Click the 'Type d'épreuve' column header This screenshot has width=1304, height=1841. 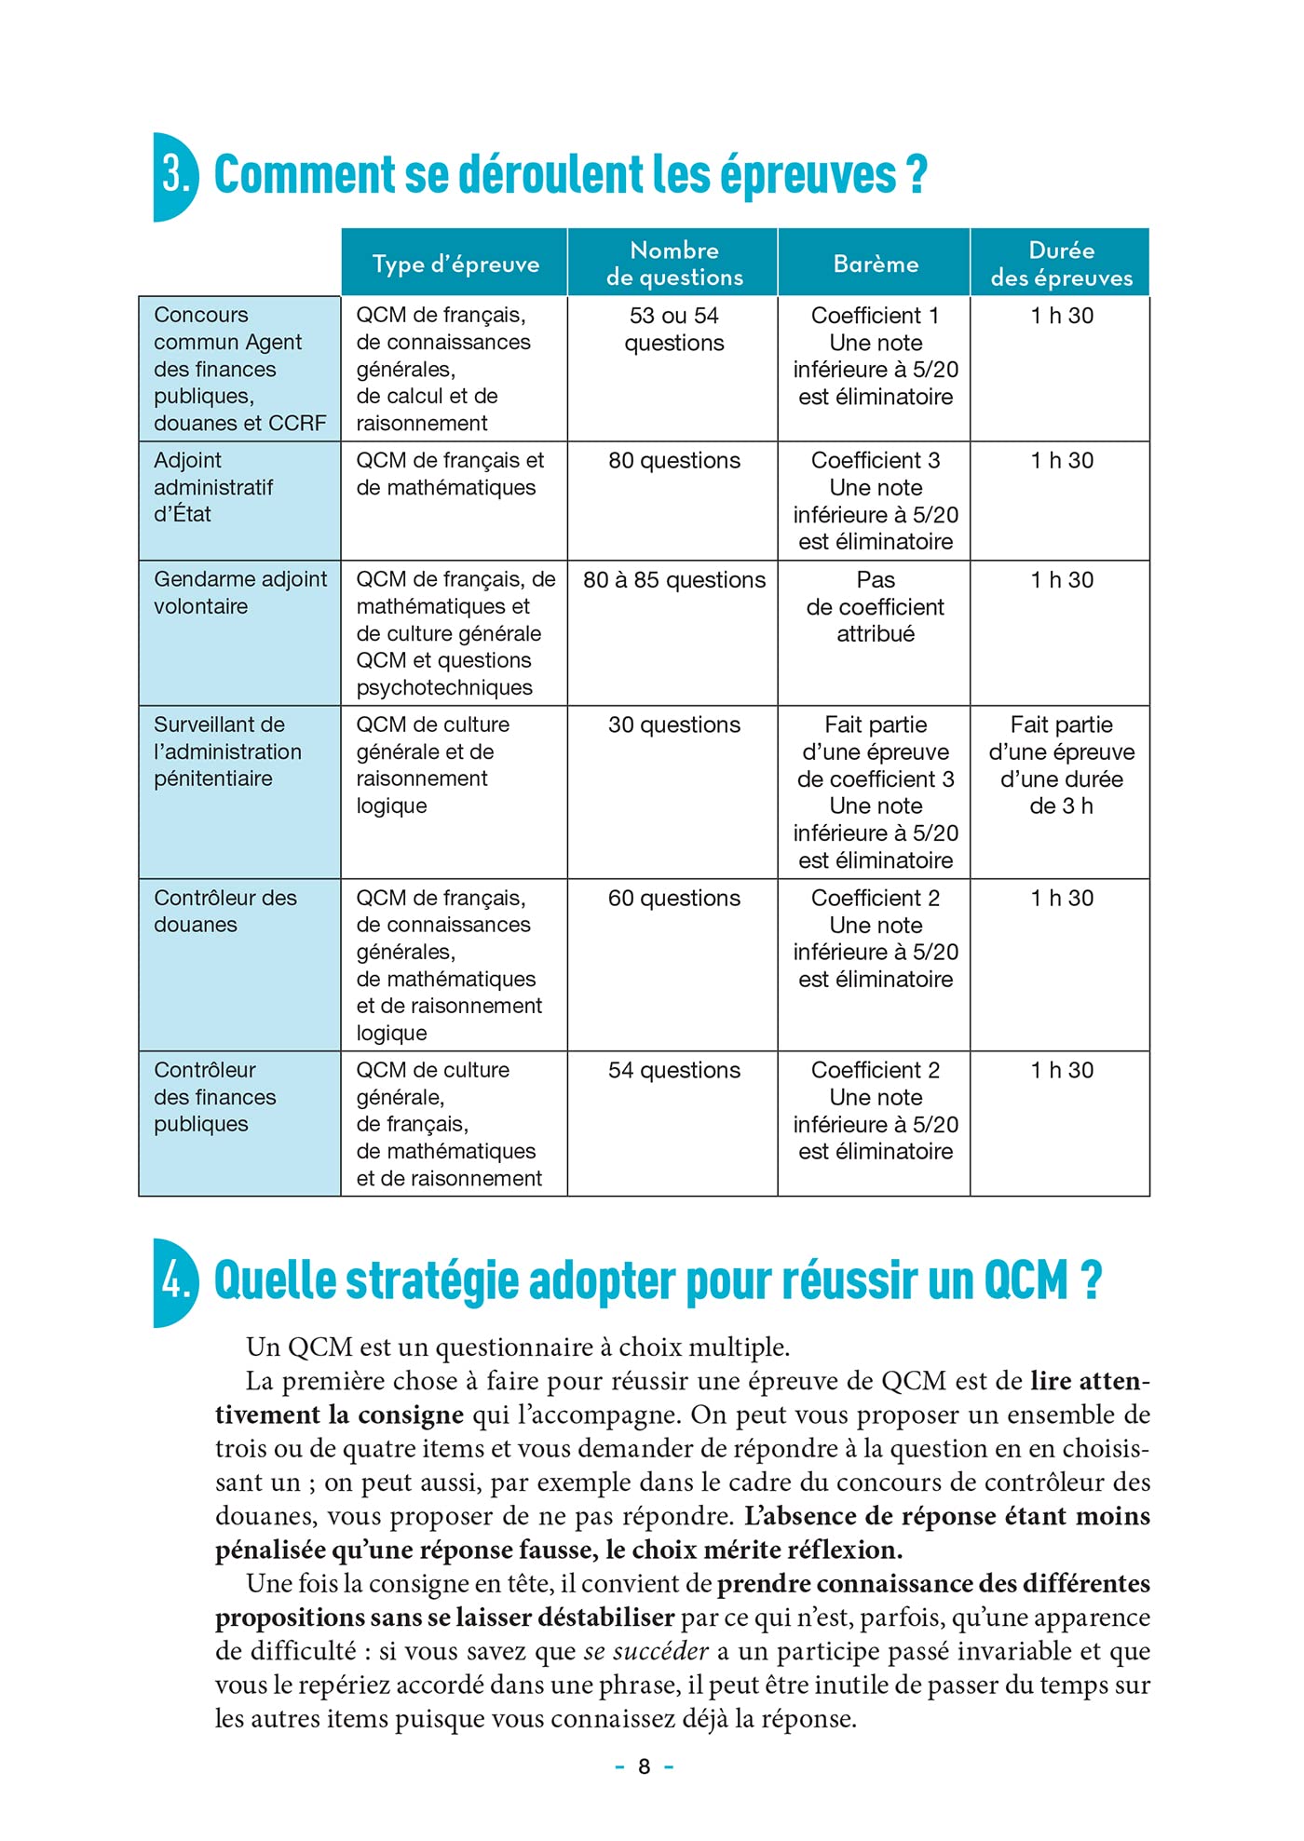point(455,264)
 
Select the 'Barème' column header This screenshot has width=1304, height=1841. point(876,264)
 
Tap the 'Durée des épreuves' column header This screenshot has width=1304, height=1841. point(1061,264)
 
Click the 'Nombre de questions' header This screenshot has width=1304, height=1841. point(674,264)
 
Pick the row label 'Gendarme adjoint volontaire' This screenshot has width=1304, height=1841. point(239,592)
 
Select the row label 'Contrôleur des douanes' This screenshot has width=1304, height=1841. point(224,911)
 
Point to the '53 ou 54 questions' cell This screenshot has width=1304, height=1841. point(674,329)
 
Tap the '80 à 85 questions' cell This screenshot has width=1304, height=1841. point(674,579)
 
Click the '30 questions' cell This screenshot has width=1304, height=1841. point(674,724)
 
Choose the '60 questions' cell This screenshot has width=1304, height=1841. point(674,898)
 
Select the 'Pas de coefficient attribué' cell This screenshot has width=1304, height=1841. point(876,606)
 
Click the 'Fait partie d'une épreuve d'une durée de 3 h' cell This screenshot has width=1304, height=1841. point(1061,765)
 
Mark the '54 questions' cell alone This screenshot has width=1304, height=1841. point(674,1070)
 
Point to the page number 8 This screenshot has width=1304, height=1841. point(644,1766)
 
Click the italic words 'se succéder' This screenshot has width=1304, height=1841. point(646,1651)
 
